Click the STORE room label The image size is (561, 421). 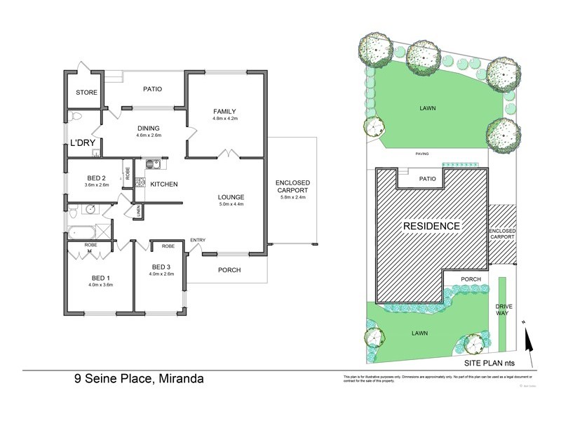87,93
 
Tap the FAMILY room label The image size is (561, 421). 224,111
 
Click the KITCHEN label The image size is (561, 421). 163,184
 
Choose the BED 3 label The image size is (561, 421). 161,267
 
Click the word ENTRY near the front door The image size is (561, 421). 198,241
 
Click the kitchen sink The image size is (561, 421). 153,166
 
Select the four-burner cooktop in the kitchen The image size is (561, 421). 140,182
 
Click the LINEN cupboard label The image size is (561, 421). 138,209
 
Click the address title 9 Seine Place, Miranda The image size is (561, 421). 139,380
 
